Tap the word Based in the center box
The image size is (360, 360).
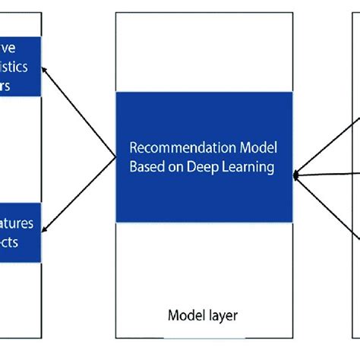click(145, 167)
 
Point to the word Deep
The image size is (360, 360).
click(204, 167)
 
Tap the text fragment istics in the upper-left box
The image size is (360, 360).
click(14, 67)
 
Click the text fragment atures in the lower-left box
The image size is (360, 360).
click(17, 224)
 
